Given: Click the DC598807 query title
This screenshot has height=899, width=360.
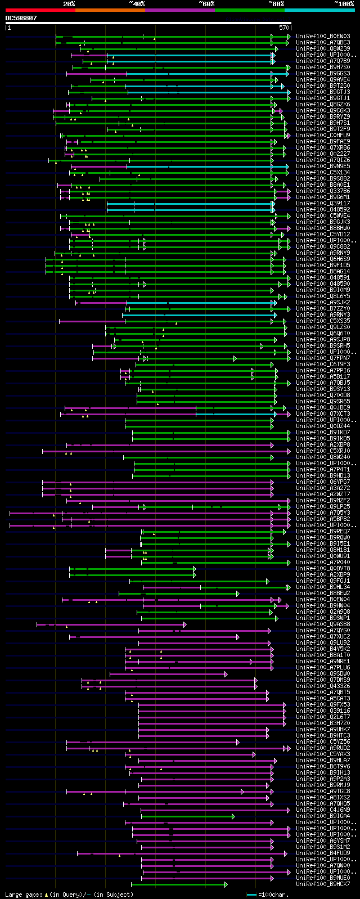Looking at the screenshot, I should coord(21,18).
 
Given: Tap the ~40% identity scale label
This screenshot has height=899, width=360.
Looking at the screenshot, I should coord(137,4).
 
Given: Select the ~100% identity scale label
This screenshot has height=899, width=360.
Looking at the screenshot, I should coord(344,4).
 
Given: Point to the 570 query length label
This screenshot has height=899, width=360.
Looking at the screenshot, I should coord(284,27).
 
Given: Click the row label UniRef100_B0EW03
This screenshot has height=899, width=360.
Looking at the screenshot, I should coord(323,36).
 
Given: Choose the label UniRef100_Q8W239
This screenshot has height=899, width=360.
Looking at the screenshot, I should coord(323,48).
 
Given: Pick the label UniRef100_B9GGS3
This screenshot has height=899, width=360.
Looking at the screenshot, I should coord(323,73).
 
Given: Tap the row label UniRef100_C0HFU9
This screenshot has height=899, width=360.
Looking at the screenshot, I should coord(323,135).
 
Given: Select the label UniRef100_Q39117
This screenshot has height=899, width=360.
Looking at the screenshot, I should coord(323,203).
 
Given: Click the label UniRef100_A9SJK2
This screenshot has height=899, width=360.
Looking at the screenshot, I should coord(323,302).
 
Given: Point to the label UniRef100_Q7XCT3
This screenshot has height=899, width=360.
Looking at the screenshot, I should coord(323,413).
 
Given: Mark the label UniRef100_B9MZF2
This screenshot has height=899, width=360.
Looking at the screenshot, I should coord(323,500).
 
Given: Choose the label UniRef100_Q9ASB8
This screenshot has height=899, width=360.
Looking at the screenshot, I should coord(323,624).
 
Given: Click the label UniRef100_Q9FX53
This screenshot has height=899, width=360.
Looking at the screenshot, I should coord(323,704).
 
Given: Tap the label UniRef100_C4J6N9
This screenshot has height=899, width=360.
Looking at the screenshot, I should coord(323,810).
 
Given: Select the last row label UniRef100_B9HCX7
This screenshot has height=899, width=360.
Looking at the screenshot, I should coord(323,884).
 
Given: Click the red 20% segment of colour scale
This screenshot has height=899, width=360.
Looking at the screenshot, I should coord(40,10).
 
